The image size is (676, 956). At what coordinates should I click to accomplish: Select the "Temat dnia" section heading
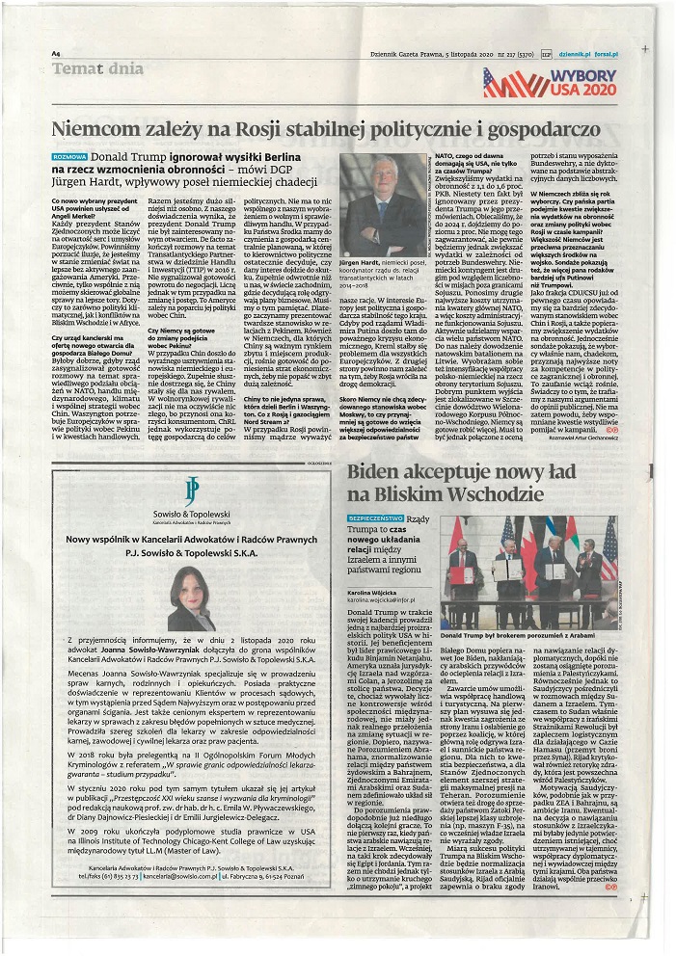[x=97, y=69]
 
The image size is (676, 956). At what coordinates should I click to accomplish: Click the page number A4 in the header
[x=57, y=54]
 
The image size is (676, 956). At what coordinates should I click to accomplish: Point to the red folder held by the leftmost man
[x=461, y=575]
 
